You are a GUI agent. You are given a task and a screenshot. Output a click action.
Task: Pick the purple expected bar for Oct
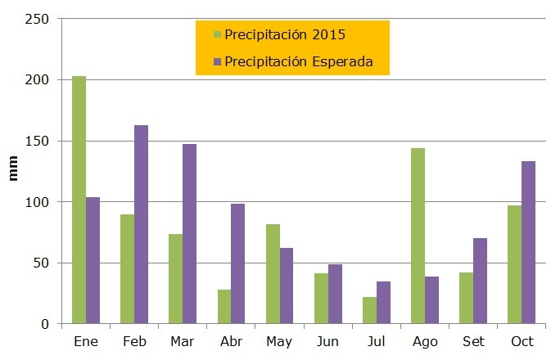528,242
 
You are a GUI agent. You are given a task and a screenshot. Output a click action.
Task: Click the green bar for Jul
369,310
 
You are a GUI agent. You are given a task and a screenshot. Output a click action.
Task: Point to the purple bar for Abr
237,263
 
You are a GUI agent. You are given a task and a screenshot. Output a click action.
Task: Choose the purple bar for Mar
189,234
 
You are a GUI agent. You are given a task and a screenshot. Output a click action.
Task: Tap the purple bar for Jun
334,294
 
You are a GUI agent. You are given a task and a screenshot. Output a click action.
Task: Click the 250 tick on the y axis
38,19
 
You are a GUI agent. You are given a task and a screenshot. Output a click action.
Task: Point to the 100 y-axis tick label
38,202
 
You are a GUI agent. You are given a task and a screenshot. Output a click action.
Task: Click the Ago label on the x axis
425,341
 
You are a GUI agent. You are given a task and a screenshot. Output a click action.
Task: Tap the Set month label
473,341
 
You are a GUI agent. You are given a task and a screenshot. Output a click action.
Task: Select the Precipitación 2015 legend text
285,34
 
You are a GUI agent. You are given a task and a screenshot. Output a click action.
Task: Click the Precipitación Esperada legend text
299,61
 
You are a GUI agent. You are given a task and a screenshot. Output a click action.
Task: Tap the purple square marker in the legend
217,61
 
